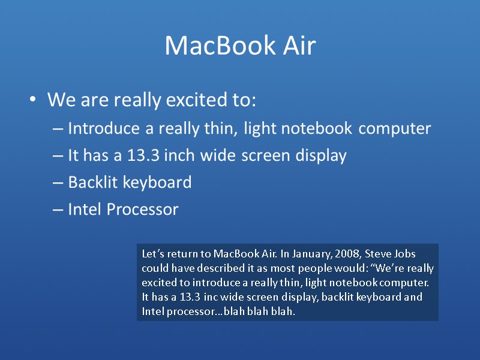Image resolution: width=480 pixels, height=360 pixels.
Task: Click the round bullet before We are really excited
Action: point(34,100)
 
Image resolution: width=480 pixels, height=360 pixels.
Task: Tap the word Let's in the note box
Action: point(152,254)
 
